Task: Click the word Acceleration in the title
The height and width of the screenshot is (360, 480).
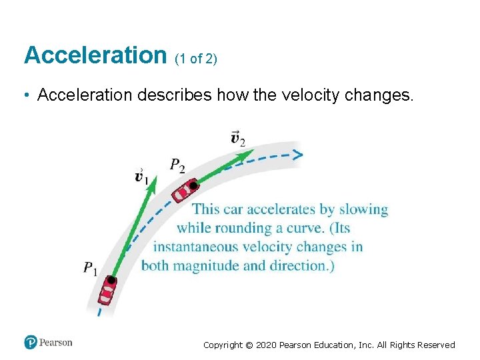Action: (x=95, y=55)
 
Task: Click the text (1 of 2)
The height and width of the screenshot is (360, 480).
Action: (x=195, y=59)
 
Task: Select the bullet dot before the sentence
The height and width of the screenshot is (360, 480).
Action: (x=25, y=96)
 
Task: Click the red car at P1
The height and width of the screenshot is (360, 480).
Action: (x=107, y=291)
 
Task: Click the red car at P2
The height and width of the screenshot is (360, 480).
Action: (x=184, y=191)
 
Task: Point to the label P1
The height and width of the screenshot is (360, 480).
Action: (x=90, y=269)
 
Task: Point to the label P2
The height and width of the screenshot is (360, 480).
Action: (x=177, y=165)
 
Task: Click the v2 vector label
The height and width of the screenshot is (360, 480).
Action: (x=237, y=138)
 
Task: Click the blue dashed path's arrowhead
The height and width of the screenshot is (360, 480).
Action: (x=297, y=155)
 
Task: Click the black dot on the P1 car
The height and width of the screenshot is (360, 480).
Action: (x=111, y=281)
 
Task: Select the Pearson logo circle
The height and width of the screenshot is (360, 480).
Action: (x=30, y=343)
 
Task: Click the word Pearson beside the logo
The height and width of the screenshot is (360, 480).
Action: (x=55, y=343)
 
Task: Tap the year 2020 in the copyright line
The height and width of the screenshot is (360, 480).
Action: (x=267, y=345)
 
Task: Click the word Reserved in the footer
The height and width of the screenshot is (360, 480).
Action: (x=436, y=345)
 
